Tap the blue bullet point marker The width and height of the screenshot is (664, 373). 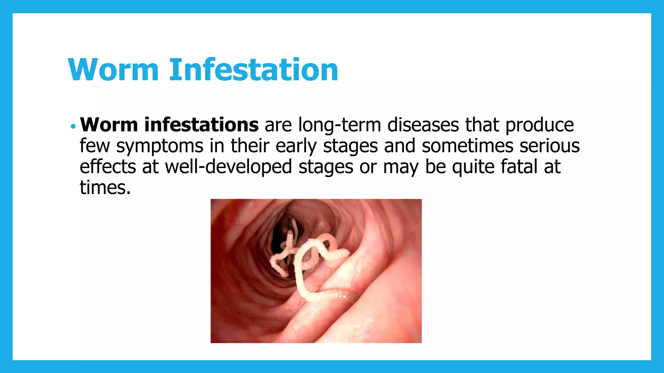tap(73, 126)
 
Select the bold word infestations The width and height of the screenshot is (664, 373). tap(201, 125)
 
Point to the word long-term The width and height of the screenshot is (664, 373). tap(339, 126)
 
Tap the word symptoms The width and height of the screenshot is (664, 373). tap(160, 147)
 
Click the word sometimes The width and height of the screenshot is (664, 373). tap(468, 146)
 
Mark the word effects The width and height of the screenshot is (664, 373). tap(108, 167)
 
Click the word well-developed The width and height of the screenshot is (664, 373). tap(229, 167)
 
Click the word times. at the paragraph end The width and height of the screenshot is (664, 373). tap(105, 188)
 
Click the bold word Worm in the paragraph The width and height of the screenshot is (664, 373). tap(109, 125)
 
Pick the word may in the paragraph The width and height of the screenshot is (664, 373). tap(401, 167)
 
